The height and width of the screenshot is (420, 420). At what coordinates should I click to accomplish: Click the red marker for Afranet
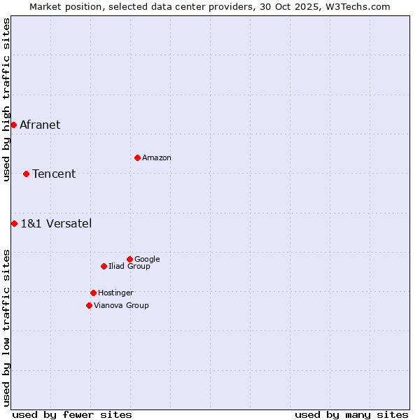(x=13, y=125)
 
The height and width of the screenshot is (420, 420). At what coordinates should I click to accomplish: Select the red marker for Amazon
(x=137, y=157)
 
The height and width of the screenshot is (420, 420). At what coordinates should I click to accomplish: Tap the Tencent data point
(x=26, y=174)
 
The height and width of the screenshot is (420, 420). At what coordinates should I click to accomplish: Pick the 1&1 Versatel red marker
(x=14, y=223)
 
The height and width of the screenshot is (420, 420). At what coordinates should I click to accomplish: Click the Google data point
(x=129, y=259)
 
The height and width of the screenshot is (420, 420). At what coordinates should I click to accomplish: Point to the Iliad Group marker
(x=104, y=266)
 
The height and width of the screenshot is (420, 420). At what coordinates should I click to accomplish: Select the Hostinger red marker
(x=93, y=293)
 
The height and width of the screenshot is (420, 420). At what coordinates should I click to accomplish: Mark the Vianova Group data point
(x=89, y=305)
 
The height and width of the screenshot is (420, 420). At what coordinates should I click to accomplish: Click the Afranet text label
(x=40, y=125)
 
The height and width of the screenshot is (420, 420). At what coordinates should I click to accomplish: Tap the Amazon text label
(x=157, y=158)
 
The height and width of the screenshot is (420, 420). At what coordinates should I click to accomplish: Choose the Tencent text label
(x=54, y=174)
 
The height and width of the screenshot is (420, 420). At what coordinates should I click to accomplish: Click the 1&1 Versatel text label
(x=56, y=224)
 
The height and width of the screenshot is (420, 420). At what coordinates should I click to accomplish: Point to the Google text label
(x=147, y=260)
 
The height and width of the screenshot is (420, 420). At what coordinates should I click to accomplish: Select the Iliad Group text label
(x=129, y=267)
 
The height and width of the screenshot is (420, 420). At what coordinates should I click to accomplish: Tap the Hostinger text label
(x=115, y=293)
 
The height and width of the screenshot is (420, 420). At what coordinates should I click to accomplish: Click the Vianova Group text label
(x=121, y=306)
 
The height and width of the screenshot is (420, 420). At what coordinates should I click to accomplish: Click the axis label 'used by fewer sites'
(x=72, y=414)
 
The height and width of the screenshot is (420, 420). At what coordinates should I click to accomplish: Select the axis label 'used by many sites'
(x=351, y=414)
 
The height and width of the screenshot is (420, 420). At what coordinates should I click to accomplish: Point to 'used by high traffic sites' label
(x=6, y=99)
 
